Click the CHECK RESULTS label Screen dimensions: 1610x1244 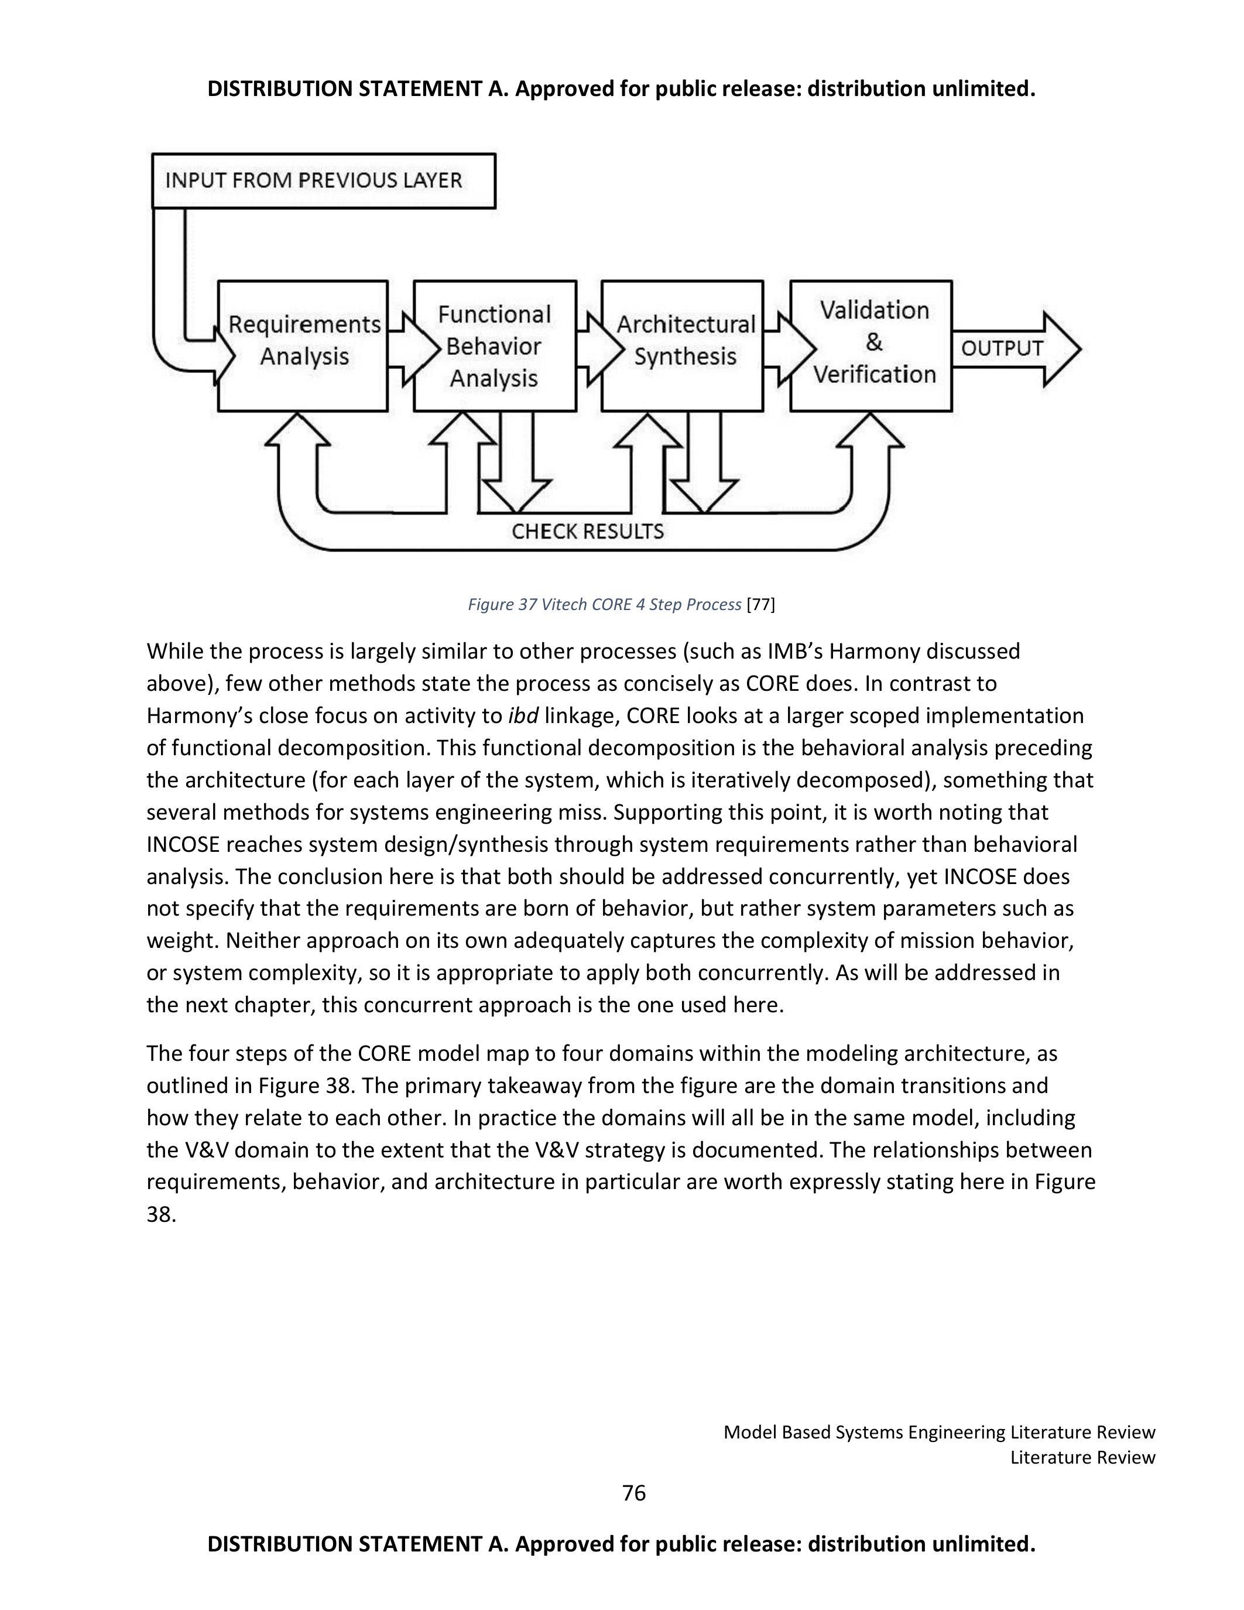pyautogui.click(x=587, y=531)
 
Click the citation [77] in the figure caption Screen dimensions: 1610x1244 pyautogui.click(x=760, y=605)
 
